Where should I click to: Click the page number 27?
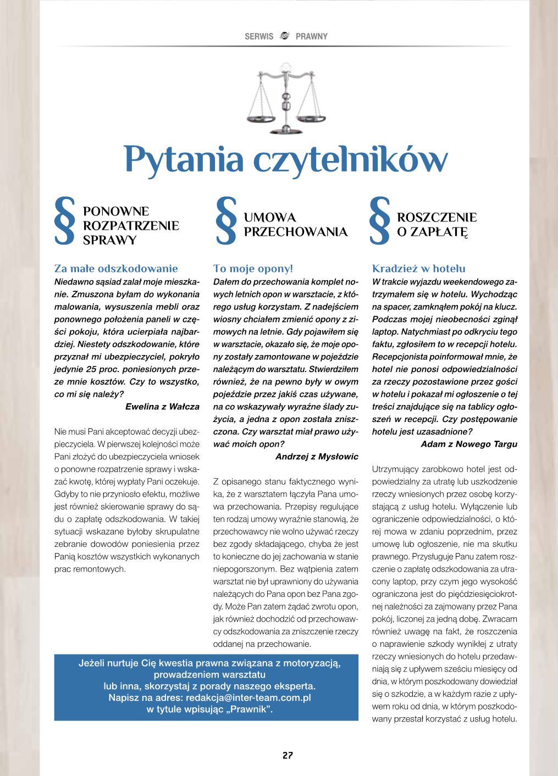(287, 755)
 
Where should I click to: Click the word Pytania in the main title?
(183, 159)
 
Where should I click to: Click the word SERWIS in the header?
(259, 37)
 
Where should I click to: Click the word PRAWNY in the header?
(311, 37)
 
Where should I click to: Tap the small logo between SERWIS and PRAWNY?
(284, 36)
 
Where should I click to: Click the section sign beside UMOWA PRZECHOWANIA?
(226, 220)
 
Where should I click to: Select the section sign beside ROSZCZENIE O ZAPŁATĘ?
(380, 220)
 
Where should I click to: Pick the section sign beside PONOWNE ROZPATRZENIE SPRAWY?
(65, 220)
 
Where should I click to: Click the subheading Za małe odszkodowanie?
(116, 269)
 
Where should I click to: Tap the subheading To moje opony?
(253, 269)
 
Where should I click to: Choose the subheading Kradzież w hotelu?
(419, 269)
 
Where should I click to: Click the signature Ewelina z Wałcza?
(163, 407)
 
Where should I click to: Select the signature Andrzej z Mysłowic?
(317, 457)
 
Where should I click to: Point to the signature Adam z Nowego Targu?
(469, 444)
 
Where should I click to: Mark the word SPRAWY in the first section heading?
(109, 240)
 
